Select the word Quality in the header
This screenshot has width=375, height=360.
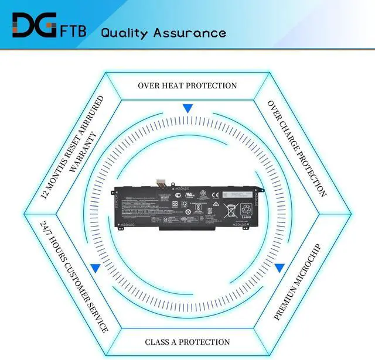(x=125, y=32)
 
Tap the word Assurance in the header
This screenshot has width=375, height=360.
(x=189, y=32)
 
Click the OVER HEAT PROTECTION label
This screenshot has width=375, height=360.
(x=187, y=85)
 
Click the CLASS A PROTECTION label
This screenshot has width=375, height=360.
(x=187, y=341)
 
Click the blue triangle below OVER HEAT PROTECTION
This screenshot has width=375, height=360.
(x=187, y=108)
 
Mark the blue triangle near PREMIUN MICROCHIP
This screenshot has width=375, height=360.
(x=279, y=268)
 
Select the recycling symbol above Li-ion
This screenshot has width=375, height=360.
(x=251, y=207)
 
